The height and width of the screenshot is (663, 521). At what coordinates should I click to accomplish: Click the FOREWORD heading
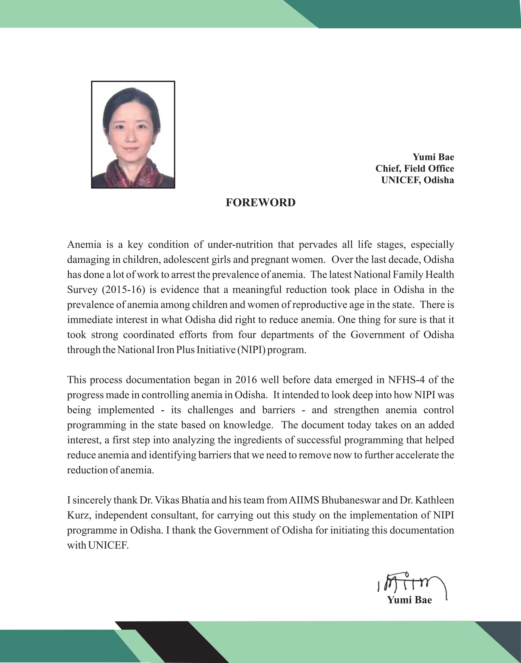tap(260, 203)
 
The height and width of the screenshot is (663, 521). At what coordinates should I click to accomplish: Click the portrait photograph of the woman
tap(133, 135)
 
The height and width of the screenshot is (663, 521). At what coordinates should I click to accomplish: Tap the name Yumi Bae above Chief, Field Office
tap(433, 157)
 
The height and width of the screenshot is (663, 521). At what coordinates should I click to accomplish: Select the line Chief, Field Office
tap(415, 168)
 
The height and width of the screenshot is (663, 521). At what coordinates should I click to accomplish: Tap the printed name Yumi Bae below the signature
tap(409, 600)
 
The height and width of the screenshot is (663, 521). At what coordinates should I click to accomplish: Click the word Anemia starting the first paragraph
tap(84, 245)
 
